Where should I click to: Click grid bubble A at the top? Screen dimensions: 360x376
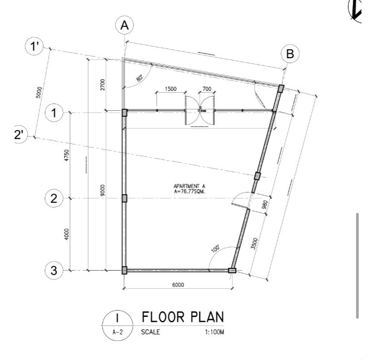point(124,26)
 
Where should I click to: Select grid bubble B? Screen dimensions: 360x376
point(290,54)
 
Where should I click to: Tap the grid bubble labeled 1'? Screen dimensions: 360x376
point(35,47)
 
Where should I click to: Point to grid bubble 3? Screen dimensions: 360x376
point(54,271)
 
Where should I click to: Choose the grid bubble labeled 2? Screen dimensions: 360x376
point(54,198)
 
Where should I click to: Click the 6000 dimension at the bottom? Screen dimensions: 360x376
point(178,285)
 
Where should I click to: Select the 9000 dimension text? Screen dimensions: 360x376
point(103,190)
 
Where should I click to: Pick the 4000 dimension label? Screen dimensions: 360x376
point(67,234)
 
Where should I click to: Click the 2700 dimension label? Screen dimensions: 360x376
point(103,84)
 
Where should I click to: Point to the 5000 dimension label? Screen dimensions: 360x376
point(40,92)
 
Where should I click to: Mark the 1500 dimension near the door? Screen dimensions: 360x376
point(171,89)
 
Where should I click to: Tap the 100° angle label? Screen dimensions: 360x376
point(215,249)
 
